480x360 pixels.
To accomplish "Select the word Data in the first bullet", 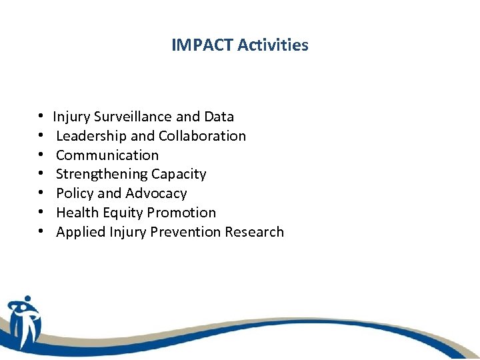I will coord(219,117).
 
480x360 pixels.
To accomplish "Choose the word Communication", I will coord(107,155).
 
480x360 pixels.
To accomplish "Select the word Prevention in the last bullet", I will coord(188,232).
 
